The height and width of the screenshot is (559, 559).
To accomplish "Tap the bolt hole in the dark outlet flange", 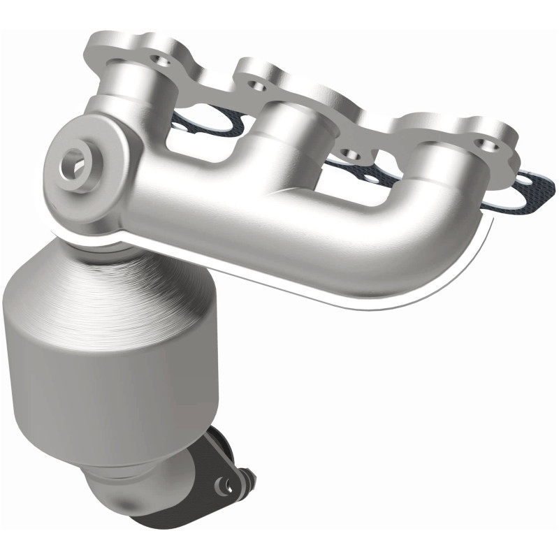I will coord(224,481).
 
